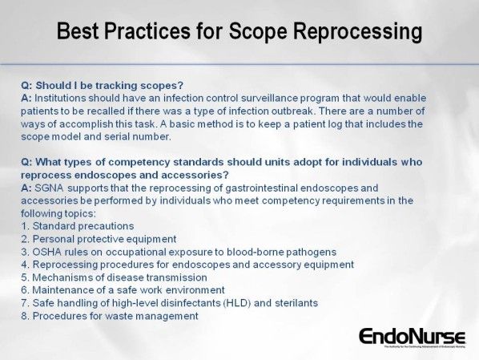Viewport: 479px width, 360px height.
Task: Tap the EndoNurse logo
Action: [x=409, y=337]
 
